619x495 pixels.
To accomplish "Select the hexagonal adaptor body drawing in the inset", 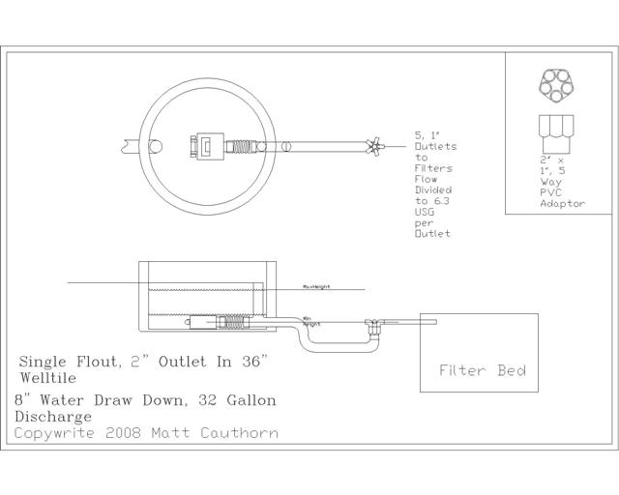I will pos(555,133).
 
